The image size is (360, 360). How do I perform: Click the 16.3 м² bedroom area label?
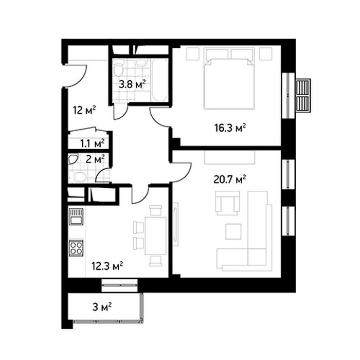pyautogui.click(x=230, y=128)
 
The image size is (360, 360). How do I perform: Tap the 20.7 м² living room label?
pyautogui.click(x=230, y=179)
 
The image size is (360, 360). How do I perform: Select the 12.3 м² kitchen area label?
pyautogui.click(x=107, y=266)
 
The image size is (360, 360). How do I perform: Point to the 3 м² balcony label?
pyautogui.click(x=102, y=307)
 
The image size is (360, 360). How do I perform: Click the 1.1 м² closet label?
pyautogui.click(x=92, y=143)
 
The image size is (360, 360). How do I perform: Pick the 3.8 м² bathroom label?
pyautogui.click(x=132, y=84)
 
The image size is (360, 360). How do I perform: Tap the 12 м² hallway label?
pyautogui.click(x=84, y=110)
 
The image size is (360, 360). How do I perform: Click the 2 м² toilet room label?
pyautogui.click(x=95, y=159)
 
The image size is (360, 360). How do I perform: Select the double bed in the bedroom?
pyautogui.click(x=229, y=79)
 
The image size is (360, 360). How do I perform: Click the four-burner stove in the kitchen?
pyautogui.click(x=76, y=248)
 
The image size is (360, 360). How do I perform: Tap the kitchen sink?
pyautogui.click(x=76, y=217)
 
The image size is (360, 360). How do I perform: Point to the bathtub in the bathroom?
pyautogui.click(x=160, y=80)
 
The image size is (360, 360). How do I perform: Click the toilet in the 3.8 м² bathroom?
pyautogui.click(x=118, y=68)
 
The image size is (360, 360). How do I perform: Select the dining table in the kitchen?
pyautogui.click(x=156, y=236)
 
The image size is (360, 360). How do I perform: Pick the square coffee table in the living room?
pyautogui.click(x=233, y=231)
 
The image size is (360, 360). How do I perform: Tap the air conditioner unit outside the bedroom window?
pyautogui.click(x=303, y=96)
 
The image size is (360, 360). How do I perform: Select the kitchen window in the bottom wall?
pyautogui.click(x=120, y=285)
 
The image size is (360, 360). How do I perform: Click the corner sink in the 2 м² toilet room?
pyautogui.click(x=73, y=159)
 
